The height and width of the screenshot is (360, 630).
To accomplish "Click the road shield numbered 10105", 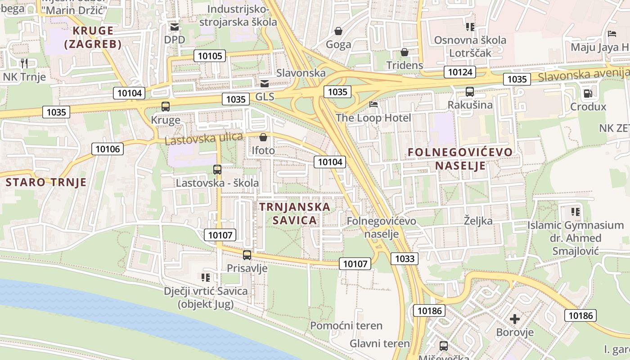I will [x=209, y=56].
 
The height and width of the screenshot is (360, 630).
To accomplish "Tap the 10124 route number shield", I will [x=460, y=72].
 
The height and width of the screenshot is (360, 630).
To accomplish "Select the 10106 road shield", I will [x=108, y=149].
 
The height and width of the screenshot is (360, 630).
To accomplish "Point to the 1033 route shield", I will [x=404, y=258].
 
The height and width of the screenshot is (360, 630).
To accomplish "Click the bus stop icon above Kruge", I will [x=166, y=107].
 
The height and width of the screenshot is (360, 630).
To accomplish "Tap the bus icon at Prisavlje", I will [x=247, y=255].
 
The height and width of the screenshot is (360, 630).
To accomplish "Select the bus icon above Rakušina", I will [x=470, y=92].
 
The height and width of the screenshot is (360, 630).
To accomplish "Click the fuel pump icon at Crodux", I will [x=588, y=94].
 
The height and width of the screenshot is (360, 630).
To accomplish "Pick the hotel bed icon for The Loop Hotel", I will [x=373, y=104].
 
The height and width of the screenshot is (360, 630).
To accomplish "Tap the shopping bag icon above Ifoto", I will [x=263, y=137].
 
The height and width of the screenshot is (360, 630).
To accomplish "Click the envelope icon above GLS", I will [x=265, y=83].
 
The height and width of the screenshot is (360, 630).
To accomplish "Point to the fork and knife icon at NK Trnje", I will [x=24, y=63].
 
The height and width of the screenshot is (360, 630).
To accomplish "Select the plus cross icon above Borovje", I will [x=515, y=319].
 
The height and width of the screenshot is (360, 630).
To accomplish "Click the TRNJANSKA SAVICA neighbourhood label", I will [x=295, y=213].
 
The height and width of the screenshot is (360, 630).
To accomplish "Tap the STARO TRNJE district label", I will [x=46, y=182].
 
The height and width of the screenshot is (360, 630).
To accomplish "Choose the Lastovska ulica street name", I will [x=204, y=139].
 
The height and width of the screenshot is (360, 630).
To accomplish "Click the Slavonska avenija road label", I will [x=583, y=75].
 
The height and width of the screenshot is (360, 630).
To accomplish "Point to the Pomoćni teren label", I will [x=346, y=325].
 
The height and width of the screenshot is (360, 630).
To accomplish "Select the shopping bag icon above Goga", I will [x=338, y=31].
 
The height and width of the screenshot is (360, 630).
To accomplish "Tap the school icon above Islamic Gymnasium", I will [x=575, y=211].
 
